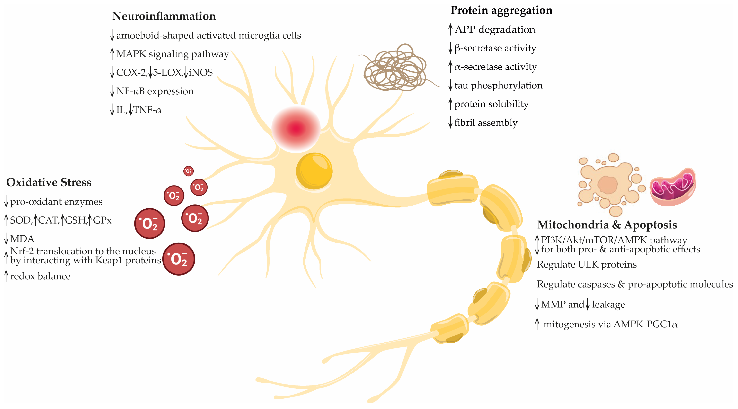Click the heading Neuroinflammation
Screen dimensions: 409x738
click(164, 16)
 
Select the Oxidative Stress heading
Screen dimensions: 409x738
click(49, 182)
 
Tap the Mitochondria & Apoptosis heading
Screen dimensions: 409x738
click(607, 225)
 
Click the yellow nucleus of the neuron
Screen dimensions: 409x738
click(314, 171)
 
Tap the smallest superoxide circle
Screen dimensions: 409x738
click(188, 171)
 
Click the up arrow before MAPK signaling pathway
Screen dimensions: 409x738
click(112, 54)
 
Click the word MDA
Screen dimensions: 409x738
click(22, 239)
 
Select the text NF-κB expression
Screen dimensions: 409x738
click(155, 91)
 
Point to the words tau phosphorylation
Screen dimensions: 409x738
click(498, 86)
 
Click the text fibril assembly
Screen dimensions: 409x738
click(486, 123)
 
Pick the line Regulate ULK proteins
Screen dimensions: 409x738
click(587, 264)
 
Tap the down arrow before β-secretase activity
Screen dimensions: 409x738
click(450, 48)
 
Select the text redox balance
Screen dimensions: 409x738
click(40, 276)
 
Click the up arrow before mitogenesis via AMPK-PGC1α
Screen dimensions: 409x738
click(537, 324)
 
